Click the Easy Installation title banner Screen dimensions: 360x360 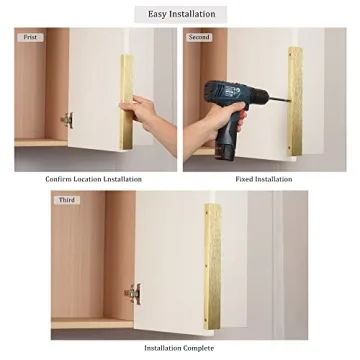click(x=180, y=13)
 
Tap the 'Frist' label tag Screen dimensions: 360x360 click(x=32, y=37)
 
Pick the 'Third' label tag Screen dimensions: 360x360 click(x=67, y=199)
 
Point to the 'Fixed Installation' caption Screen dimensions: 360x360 click(x=264, y=179)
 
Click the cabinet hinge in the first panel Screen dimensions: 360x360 click(x=67, y=120)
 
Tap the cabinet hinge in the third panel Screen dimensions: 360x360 click(x=131, y=294)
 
